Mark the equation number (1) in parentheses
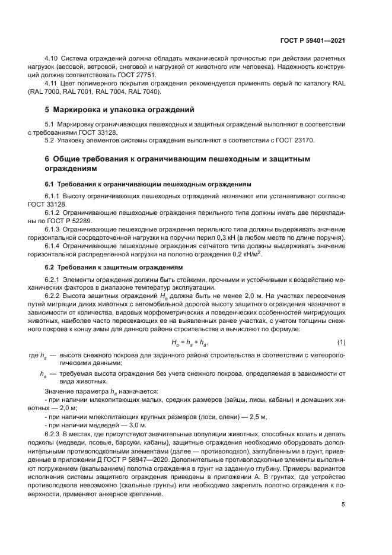(x=341, y=342)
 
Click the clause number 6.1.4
(x=54, y=245)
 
